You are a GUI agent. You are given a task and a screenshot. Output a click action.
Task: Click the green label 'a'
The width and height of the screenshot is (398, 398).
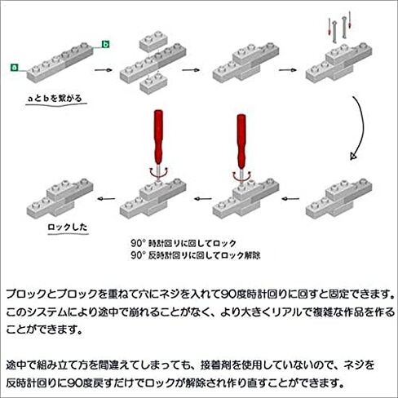click(14, 67)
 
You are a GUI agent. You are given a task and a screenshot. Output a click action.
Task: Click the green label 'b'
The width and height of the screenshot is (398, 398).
click(105, 44)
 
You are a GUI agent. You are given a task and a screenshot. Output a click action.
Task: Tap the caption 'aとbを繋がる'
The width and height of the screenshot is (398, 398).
click(55, 98)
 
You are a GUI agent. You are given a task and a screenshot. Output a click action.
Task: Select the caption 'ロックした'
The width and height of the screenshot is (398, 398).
click(68, 227)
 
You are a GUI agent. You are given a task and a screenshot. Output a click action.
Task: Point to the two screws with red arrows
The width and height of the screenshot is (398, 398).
click(339, 27)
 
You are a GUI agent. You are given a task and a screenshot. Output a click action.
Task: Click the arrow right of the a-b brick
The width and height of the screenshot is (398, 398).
click(104, 70)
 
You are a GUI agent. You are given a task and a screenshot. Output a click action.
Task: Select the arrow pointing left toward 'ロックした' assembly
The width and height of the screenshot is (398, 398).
click(106, 199)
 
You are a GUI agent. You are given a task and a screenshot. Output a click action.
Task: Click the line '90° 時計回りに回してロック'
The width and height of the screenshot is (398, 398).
click(184, 243)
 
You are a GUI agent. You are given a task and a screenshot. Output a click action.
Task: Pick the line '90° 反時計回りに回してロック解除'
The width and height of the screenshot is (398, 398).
click(196, 255)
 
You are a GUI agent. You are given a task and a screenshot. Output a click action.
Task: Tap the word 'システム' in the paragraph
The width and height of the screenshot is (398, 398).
click(42, 312)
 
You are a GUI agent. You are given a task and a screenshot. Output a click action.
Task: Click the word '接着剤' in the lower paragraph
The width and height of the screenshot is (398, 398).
click(216, 365)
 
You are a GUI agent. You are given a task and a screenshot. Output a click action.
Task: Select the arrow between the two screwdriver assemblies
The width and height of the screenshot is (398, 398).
click(203, 199)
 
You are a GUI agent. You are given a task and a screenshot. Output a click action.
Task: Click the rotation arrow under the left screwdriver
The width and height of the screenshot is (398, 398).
click(158, 174)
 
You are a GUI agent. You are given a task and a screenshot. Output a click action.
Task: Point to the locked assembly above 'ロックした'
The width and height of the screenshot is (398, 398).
click(60, 198)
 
